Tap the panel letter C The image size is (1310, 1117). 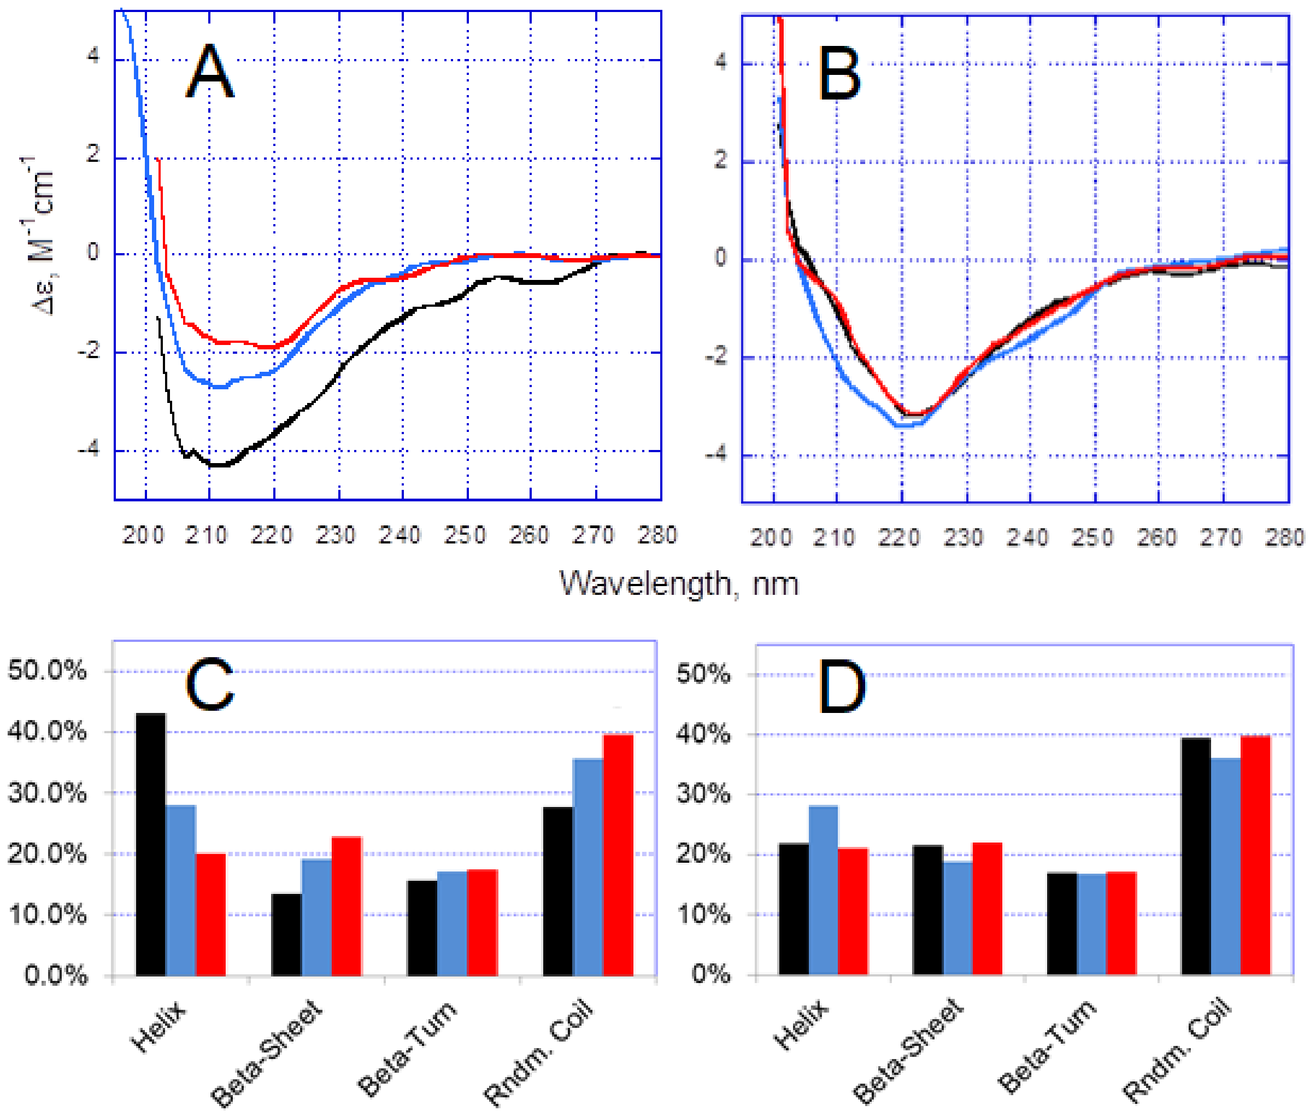coord(209,684)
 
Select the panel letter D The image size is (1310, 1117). coord(842,686)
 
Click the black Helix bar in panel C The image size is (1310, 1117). coord(151,844)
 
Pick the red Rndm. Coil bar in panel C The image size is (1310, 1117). coord(618,855)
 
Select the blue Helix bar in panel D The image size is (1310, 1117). coord(823,890)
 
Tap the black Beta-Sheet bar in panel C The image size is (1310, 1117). coord(286,934)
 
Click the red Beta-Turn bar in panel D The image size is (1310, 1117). coord(1121,923)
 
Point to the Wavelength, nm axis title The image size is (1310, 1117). coord(678,583)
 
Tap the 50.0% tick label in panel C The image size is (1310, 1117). coord(47,670)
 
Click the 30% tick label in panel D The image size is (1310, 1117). coord(703,794)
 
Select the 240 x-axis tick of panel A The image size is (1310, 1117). coord(400,536)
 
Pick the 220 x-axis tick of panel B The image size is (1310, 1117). coord(899,538)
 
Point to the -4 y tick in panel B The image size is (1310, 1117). coord(716,455)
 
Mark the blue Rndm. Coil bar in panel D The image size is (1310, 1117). coord(1225,867)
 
